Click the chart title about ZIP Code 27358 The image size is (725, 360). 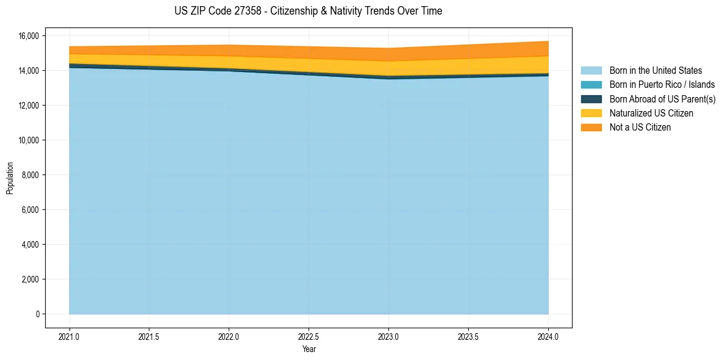click(x=308, y=11)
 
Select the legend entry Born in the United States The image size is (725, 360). click(x=655, y=71)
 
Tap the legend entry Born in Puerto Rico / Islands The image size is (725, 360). click(x=662, y=85)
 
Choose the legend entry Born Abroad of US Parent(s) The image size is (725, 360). click(x=662, y=99)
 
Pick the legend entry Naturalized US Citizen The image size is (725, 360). click(x=651, y=113)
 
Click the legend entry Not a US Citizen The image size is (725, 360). click(x=640, y=128)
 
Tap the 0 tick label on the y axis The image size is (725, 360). click(x=37, y=314)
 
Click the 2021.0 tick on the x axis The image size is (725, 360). click(x=69, y=336)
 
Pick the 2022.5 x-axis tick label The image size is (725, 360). click(x=309, y=336)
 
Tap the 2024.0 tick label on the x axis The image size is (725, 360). click(x=548, y=336)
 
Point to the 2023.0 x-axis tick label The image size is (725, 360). click(x=388, y=336)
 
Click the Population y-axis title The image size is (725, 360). click(x=10, y=178)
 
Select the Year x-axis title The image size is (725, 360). click(x=309, y=349)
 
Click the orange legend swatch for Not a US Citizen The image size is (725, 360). click(x=591, y=128)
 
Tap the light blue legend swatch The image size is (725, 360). click(x=591, y=71)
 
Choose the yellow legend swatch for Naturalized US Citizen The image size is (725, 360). click(x=591, y=113)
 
